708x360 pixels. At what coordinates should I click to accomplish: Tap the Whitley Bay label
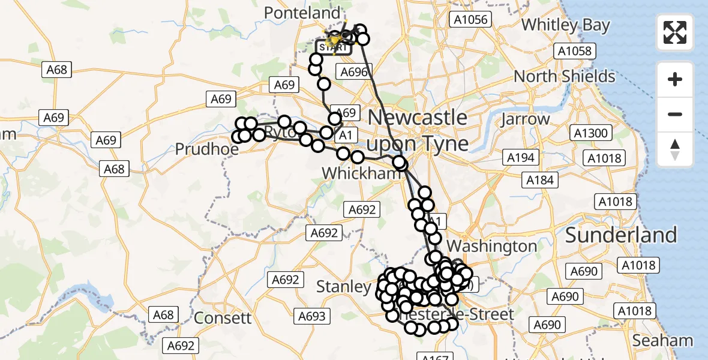click(565, 25)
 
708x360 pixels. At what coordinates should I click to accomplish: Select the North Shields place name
click(565, 77)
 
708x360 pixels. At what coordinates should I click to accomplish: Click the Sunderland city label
click(621, 235)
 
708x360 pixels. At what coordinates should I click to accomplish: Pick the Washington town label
click(491, 246)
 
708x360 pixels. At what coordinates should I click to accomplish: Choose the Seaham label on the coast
click(663, 341)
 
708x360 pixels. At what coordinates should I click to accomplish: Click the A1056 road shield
click(470, 20)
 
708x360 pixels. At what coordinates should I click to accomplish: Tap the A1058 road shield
click(574, 51)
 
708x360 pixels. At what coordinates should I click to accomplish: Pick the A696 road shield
click(354, 73)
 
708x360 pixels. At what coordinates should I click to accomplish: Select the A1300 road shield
click(590, 133)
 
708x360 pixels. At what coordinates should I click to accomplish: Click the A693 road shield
click(312, 316)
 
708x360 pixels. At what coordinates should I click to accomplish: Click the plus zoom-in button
click(675, 79)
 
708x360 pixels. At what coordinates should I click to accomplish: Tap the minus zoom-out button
click(675, 114)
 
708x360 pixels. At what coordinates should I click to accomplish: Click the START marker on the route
click(332, 46)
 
